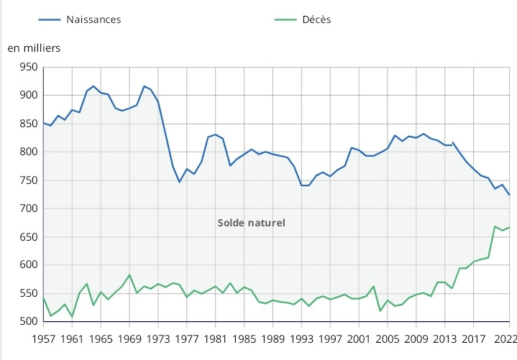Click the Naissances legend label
(x=93, y=19)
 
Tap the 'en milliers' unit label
(x=34, y=48)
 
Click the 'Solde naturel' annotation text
(x=251, y=223)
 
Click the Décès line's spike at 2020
(x=495, y=226)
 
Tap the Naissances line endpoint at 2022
(x=510, y=195)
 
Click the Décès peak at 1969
(x=129, y=274)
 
